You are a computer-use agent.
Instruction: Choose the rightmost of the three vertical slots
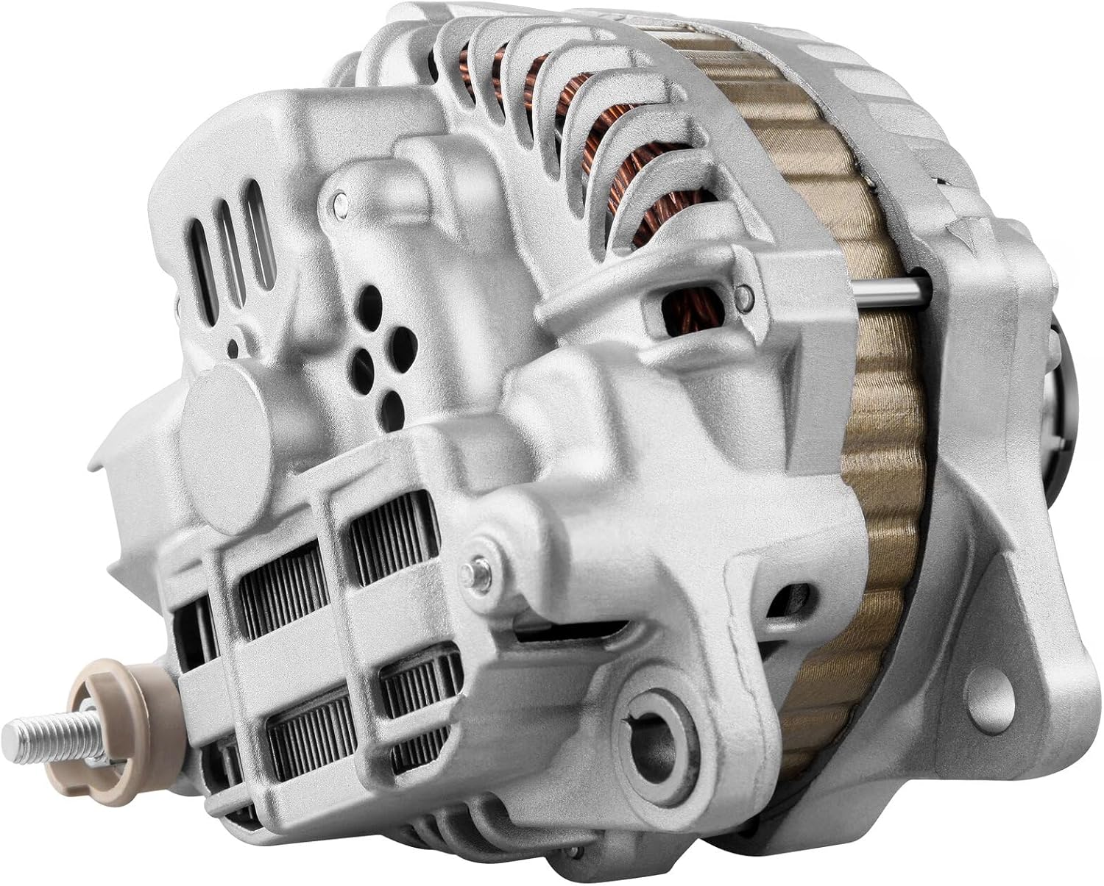[x=258, y=235]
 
